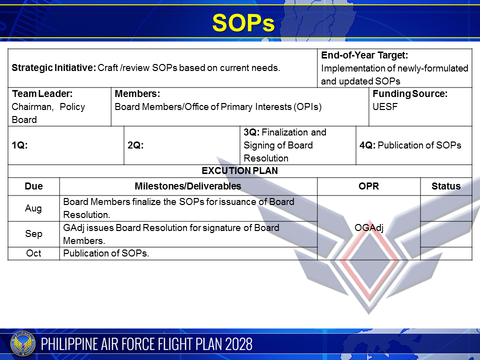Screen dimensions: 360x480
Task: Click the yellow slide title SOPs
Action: click(x=243, y=23)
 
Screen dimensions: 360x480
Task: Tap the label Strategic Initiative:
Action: click(x=53, y=68)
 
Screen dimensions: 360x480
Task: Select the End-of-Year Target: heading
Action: click(x=364, y=55)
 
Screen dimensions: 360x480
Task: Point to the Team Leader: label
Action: click(x=42, y=94)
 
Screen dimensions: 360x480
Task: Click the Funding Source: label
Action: click(x=410, y=94)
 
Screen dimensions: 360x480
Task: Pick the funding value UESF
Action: click(x=385, y=106)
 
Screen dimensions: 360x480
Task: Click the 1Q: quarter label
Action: click(x=19, y=145)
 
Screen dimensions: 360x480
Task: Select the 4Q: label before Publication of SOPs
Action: click(x=367, y=145)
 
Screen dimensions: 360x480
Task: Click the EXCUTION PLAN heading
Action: click(x=240, y=171)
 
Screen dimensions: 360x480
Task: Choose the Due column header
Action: click(x=33, y=186)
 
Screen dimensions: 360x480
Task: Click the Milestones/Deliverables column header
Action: click(x=188, y=186)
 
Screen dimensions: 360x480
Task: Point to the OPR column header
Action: click(x=368, y=186)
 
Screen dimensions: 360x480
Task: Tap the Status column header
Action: click(x=446, y=186)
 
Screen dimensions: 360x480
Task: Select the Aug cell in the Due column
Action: click(x=33, y=208)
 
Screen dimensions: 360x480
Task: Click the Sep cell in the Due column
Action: click(x=33, y=234)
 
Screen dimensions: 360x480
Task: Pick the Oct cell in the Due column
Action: click(x=33, y=253)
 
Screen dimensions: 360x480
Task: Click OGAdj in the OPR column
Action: click(x=368, y=228)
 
